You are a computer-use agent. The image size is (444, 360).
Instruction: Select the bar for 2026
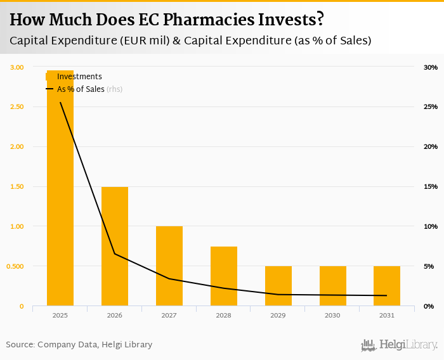[x=115, y=247]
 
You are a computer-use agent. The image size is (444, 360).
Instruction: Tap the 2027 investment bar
[x=169, y=266]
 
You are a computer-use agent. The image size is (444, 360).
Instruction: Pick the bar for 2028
[x=224, y=276]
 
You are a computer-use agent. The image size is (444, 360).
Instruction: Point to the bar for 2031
[x=386, y=286]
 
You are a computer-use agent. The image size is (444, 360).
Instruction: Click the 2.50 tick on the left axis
[x=16, y=106]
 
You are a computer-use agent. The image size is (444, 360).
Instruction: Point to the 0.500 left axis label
[x=15, y=266]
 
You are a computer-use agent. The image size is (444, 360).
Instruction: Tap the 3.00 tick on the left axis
[x=16, y=67]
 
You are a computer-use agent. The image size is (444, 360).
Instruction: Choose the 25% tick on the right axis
[x=431, y=106]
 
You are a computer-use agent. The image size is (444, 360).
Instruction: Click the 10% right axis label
[x=431, y=226]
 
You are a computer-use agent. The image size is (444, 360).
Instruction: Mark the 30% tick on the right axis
[x=431, y=67]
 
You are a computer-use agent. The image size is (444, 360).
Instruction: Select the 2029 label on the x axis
[x=278, y=315]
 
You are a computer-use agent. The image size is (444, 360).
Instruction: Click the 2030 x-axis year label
[x=332, y=315]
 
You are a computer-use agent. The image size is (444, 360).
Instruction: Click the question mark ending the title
[x=320, y=20]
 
